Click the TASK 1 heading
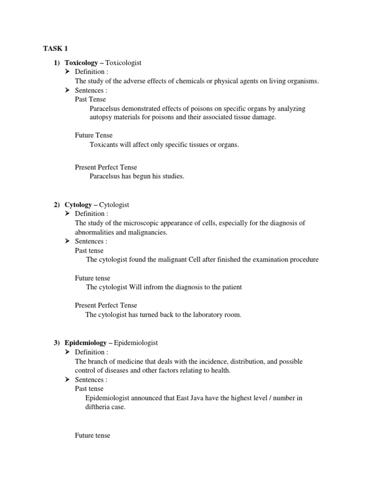[x=56, y=49]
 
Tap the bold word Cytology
[x=78, y=205]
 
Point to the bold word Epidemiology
[x=85, y=343]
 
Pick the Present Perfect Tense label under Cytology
[x=106, y=305]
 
